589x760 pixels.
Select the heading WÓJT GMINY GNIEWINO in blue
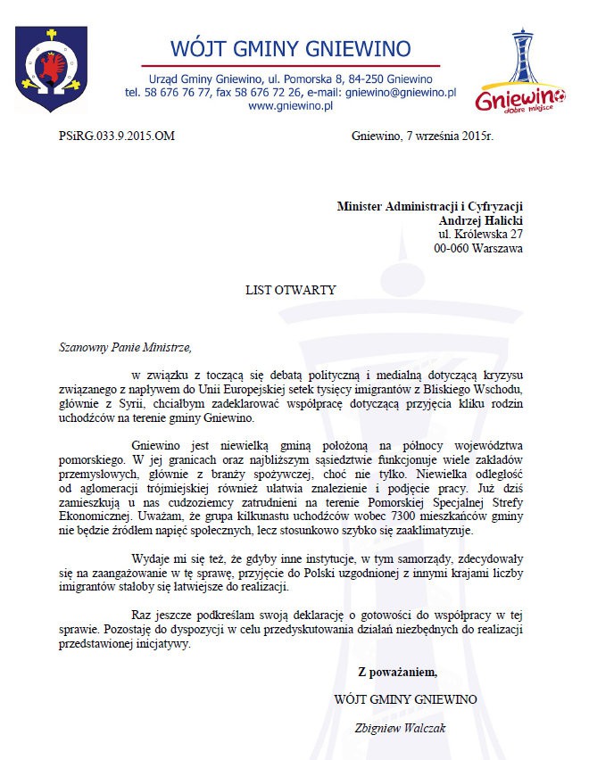click(290, 47)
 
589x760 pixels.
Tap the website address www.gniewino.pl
click(290, 106)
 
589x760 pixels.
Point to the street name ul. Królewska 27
click(480, 235)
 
